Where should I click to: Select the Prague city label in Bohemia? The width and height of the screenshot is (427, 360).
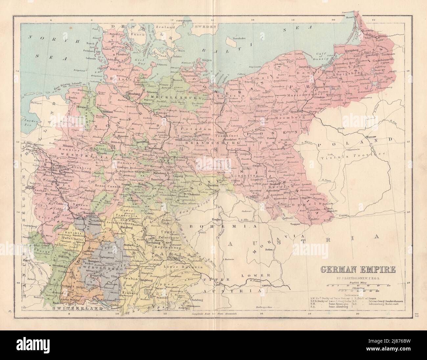tap(217, 219)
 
